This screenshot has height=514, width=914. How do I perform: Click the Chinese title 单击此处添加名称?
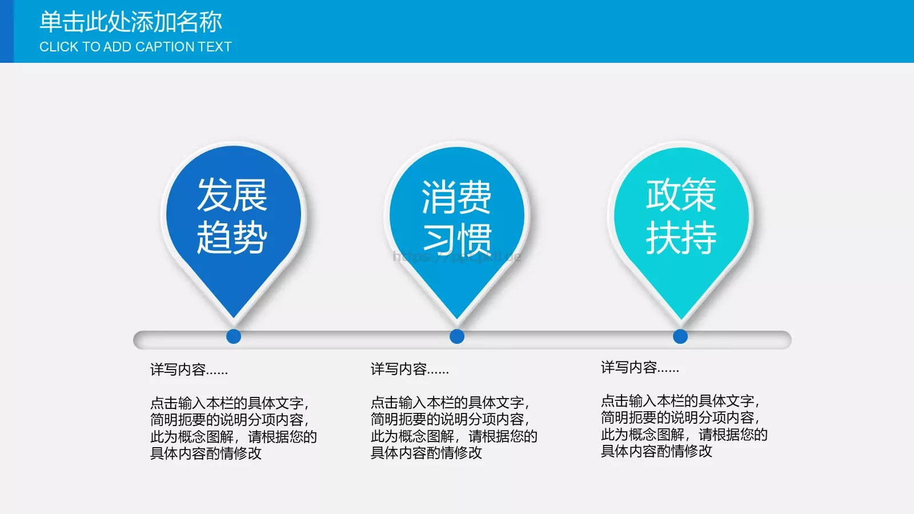[x=130, y=22]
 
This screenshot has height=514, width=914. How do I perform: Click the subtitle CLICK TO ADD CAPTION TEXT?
[x=135, y=47]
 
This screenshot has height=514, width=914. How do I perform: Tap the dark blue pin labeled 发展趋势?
[x=233, y=228]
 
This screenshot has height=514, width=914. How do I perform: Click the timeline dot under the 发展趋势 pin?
[x=234, y=336]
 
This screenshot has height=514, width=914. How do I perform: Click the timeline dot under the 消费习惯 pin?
[x=457, y=336]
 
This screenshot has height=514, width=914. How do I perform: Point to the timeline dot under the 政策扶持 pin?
[x=680, y=336]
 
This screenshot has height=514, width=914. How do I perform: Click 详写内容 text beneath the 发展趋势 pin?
[x=189, y=370]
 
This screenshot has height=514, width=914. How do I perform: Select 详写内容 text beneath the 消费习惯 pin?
[x=409, y=370]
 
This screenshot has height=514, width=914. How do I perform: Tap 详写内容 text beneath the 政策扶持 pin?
[x=639, y=368]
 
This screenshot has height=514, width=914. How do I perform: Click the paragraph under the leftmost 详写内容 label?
[x=233, y=428]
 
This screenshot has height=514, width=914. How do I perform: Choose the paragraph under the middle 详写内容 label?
[x=454, y=427]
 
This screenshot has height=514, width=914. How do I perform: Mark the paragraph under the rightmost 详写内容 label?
[x=684, y=425]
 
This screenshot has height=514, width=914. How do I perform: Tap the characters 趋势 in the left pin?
[x=232, y=238]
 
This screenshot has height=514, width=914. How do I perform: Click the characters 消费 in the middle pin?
[x=456, y=197]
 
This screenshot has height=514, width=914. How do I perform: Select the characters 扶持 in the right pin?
[x=681, y=238]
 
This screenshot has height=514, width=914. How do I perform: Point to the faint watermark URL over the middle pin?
[x=456, y=256]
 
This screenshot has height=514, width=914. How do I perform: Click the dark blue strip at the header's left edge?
[x=6, y=31]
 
